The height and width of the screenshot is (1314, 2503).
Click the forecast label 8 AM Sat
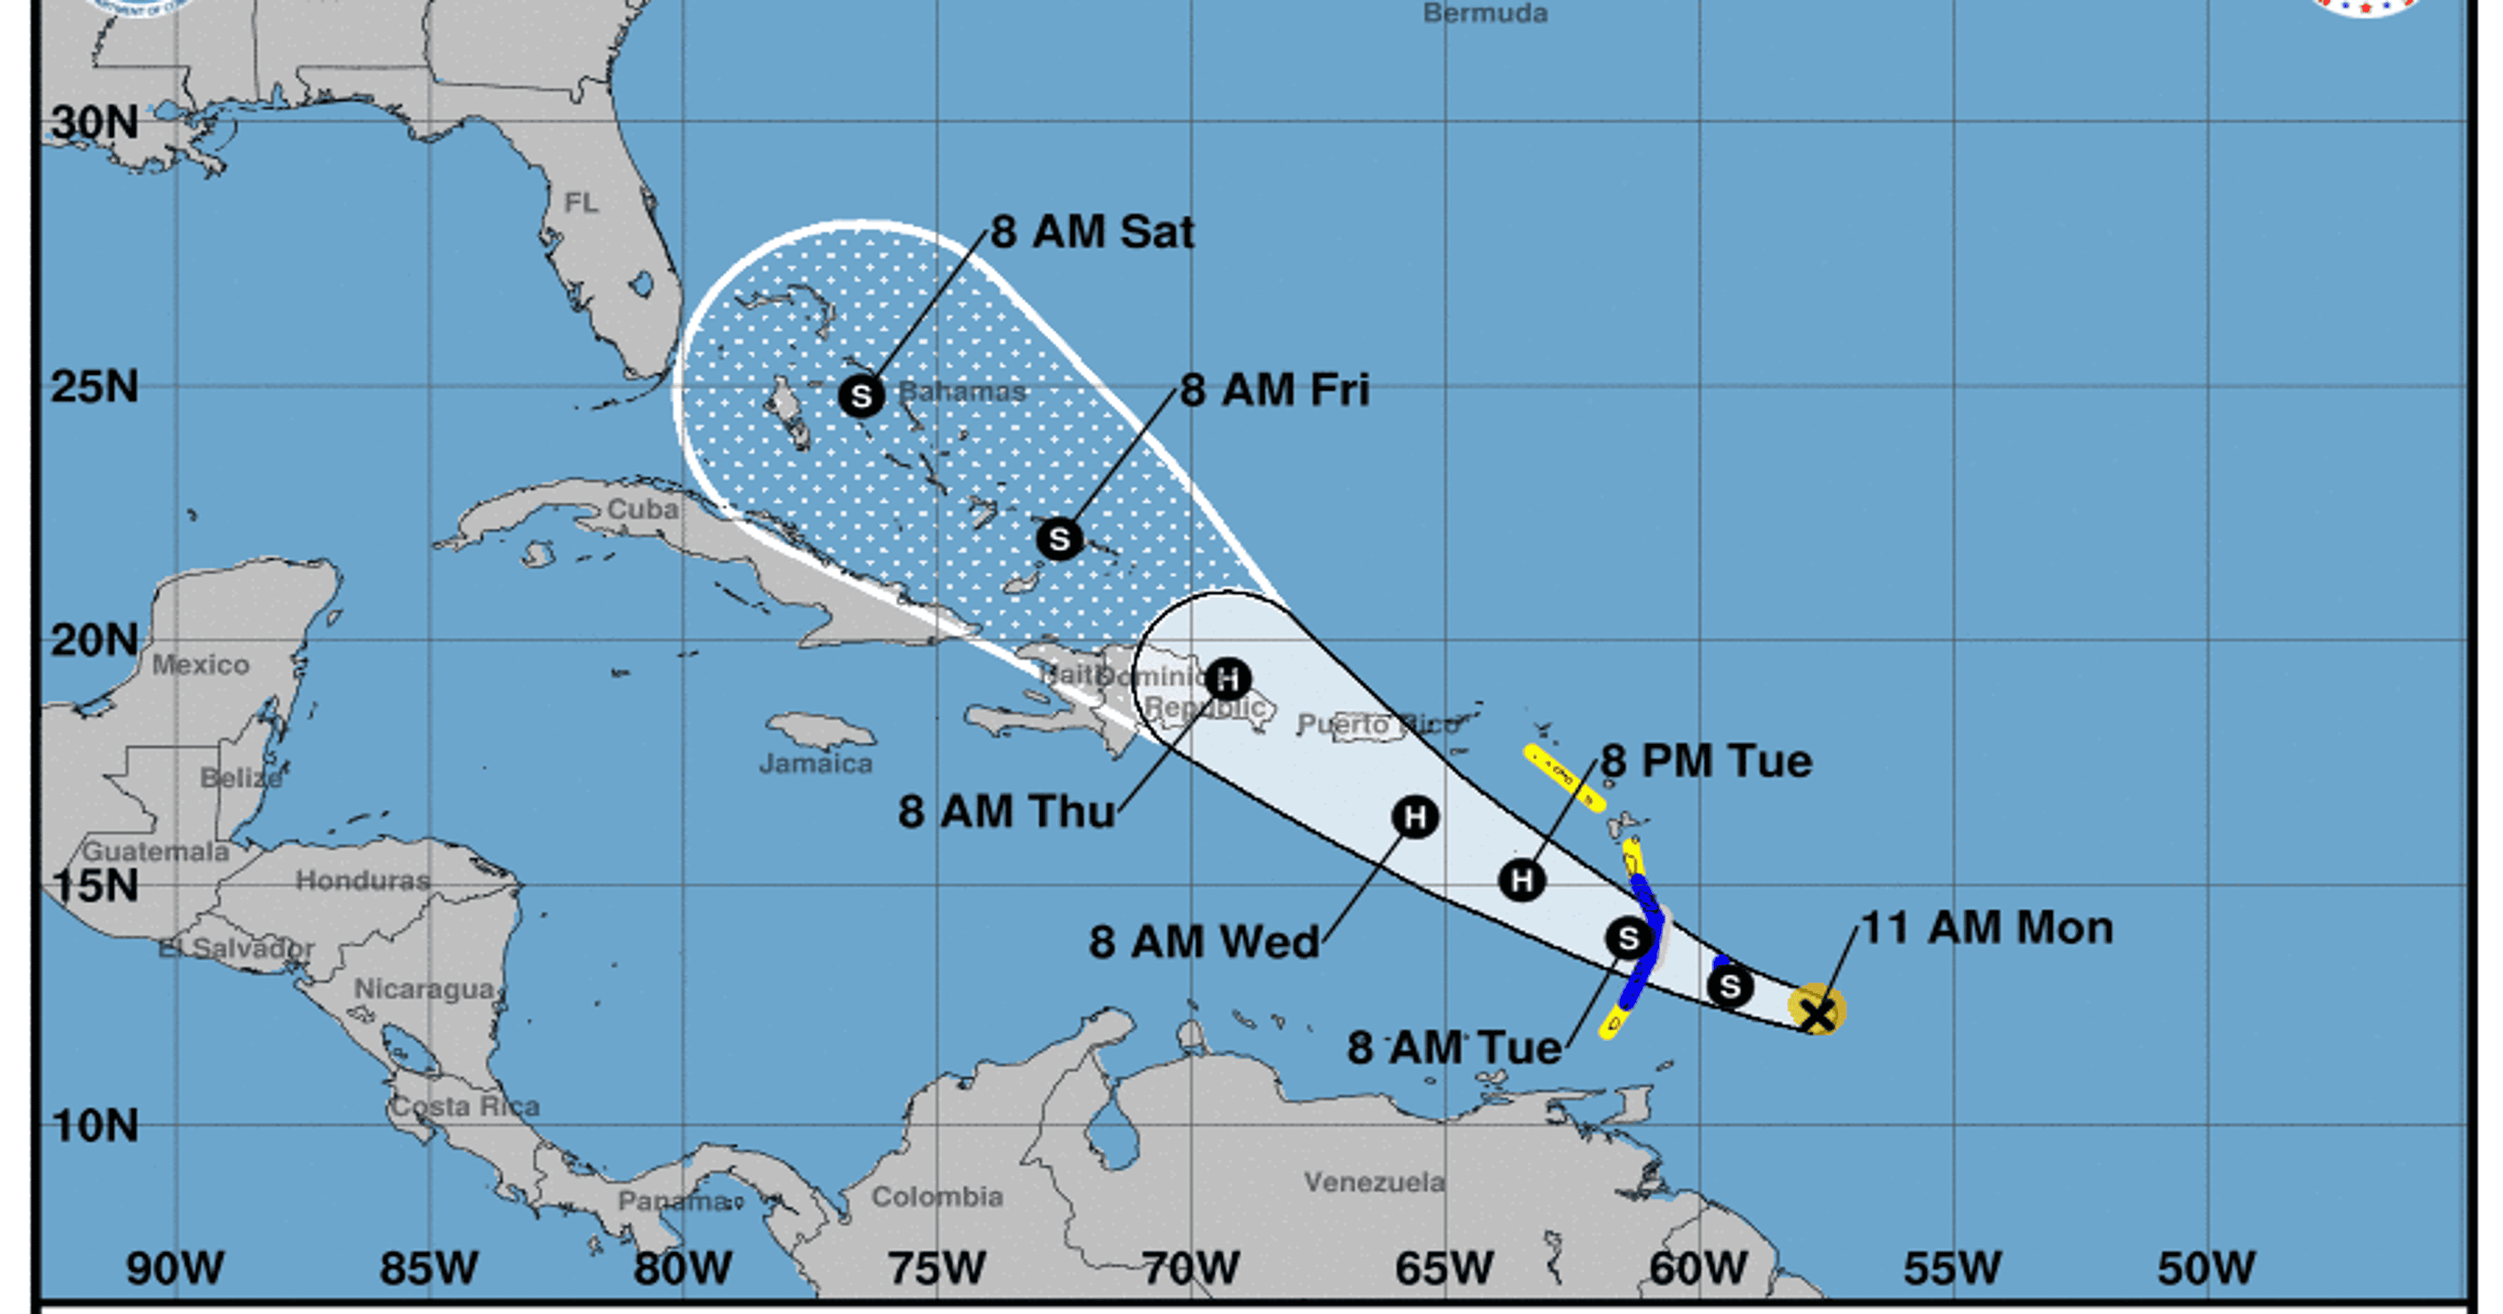tap(1092, 232)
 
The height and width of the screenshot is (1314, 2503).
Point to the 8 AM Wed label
tap(1204, 942)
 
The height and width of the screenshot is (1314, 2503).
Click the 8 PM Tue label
tap(1706, 761)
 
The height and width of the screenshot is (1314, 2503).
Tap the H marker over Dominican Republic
tap(1228, 678)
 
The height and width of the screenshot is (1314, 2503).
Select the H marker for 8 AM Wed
tap(1415, 817)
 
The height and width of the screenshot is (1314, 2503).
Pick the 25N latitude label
tap(94, 387)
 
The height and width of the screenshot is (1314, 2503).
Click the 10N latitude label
tap(94, 1126)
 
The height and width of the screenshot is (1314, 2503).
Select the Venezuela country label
tap(1374, 1182)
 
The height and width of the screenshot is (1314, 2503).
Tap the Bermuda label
tap(1485, 13)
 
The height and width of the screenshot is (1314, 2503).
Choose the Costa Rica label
tap(465, 1106)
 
